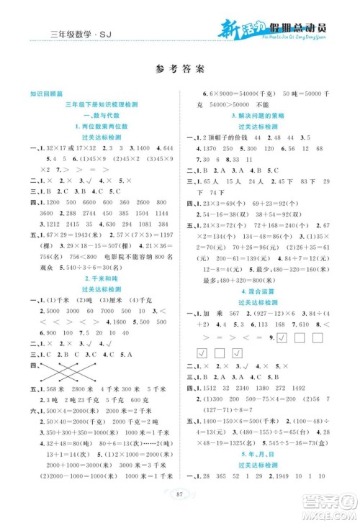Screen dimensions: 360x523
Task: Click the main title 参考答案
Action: coord(179,71)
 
